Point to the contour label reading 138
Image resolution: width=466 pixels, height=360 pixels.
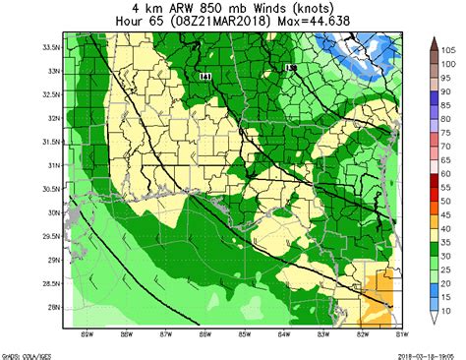click(290, 67)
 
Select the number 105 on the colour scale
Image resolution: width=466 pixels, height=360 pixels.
click(444, 48)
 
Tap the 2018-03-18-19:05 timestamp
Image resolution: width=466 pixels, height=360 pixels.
click(431, 353)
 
